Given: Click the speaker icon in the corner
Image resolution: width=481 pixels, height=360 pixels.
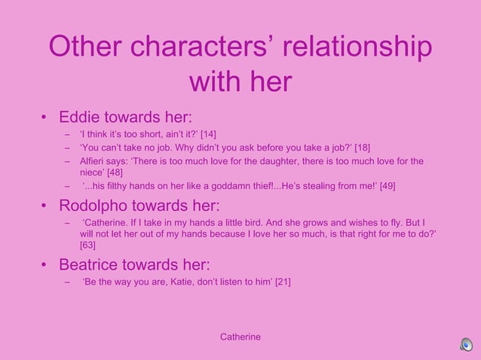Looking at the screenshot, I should [x=467, y=345].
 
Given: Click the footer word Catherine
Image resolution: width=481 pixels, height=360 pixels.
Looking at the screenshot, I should [x=240, y=337].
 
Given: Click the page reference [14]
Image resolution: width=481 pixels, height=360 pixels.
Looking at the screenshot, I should [x=208, y=134].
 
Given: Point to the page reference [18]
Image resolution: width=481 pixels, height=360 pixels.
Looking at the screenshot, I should [x=359, y=148].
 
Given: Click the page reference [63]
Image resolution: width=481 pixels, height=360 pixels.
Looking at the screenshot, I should [x=87, y=245].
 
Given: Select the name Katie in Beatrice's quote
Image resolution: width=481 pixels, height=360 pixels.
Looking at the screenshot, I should [x=170, y=282].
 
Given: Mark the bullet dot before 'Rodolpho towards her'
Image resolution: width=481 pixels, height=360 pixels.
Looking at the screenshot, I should [x=44, y=206].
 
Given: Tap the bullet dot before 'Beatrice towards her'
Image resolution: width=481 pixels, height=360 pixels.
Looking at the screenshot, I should [x=44, y=265].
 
